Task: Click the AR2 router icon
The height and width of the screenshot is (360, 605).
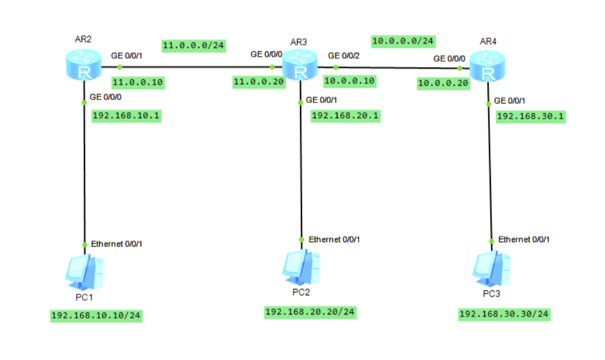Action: coord(84,67)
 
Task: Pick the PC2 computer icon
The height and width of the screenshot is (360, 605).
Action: coord(301,268)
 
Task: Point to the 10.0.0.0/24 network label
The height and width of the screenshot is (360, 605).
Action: coord(403,40)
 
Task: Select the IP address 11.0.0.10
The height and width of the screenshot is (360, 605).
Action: coord(138,82)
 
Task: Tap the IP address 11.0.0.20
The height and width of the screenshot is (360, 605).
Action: coord(259,82)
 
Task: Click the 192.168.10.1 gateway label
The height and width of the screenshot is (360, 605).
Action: coord(127,116)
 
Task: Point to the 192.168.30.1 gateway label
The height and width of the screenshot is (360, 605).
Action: coord(531,117)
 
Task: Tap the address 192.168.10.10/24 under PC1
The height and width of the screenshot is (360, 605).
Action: coord(96,315)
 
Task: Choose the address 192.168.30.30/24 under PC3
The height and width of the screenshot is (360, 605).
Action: coord(504,314)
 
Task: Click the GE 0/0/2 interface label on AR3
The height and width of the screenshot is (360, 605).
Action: coord(344,56)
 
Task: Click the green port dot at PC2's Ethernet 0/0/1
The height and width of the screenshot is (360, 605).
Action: coord(302,239)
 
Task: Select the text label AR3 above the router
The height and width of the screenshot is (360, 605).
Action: coord(299,42)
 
